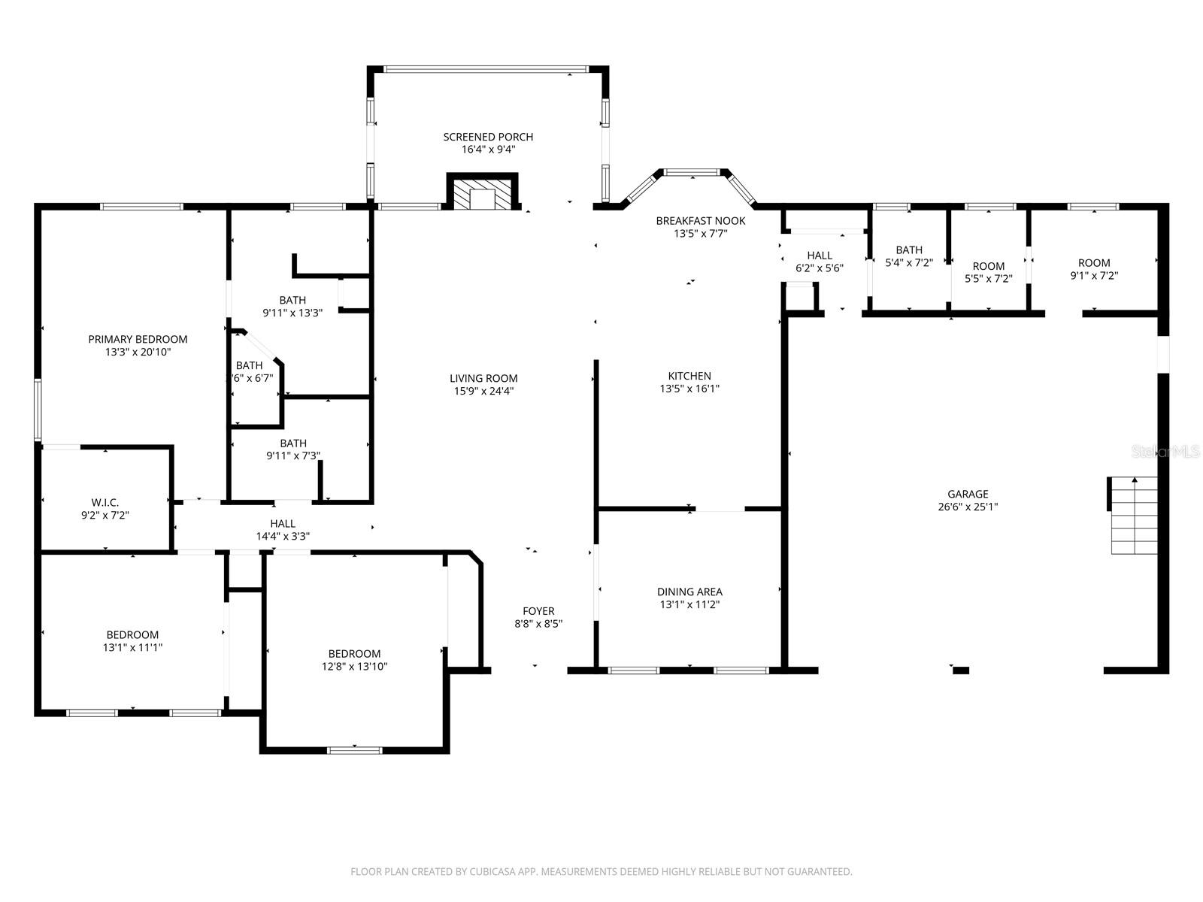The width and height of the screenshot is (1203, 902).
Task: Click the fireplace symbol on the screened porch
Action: pyautogui.click(x=482, y=192)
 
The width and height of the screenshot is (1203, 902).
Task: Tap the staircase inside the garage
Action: pyautogui.click(x=1133, y=516)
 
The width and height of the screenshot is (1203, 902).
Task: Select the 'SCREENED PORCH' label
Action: pyautogui.click(x=488, y=137)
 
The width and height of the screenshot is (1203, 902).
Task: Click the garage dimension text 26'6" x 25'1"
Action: pyautogui.click(x=968, y=507)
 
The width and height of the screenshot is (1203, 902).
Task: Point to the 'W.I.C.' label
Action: pyautogui.click(x=105, y=502)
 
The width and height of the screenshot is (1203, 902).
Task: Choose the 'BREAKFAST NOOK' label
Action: pyautogui.click(x=700, y=221)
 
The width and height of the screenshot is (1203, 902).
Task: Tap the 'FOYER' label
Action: pyautogui.click(x=538, y=611)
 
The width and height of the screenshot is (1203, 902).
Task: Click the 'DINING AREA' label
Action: pyautogui.click(x=689, y=592)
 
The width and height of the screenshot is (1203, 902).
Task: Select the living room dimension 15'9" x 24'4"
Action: pyautogui.click(x=483, y=391)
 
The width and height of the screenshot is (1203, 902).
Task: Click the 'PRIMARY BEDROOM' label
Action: pyautogui.click(x=138, y=339)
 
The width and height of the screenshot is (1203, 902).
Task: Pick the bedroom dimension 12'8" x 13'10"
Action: pyautogui.click(x=354, y=666)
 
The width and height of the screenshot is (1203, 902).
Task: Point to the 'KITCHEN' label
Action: pyautogui.click(x=689, y=376)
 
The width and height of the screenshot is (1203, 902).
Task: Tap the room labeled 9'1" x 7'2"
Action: pyautogui.click(x=1094, y=269)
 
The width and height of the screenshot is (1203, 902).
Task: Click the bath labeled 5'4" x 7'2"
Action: pyautogui.click(x=909, y=256)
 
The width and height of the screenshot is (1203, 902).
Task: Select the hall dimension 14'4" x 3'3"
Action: pyautogui.click(x=283, y=536)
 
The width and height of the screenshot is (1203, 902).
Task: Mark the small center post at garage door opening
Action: pyautogui.click(x=961, y=670)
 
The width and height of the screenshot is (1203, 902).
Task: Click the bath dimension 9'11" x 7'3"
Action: pyautogui.click(x=293, y=456)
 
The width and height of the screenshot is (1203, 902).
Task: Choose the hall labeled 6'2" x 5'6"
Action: pyautogui.click(x=820, y=262)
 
